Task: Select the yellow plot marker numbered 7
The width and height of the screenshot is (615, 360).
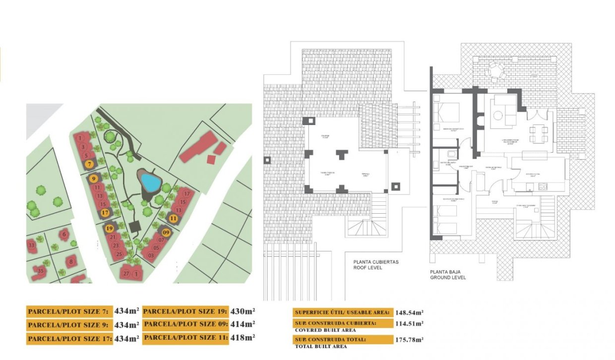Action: tap(88, 164)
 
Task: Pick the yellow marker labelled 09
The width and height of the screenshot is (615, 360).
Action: tap(166, 232)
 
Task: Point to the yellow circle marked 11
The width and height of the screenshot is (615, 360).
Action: tap(173, 218)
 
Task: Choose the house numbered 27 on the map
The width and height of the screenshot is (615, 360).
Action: tap(126, 273)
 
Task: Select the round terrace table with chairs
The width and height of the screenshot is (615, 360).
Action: tap(495, 71)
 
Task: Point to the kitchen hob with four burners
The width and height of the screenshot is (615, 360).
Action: tap(543, 187)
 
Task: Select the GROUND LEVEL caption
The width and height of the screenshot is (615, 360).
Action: tap(448, 278)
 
